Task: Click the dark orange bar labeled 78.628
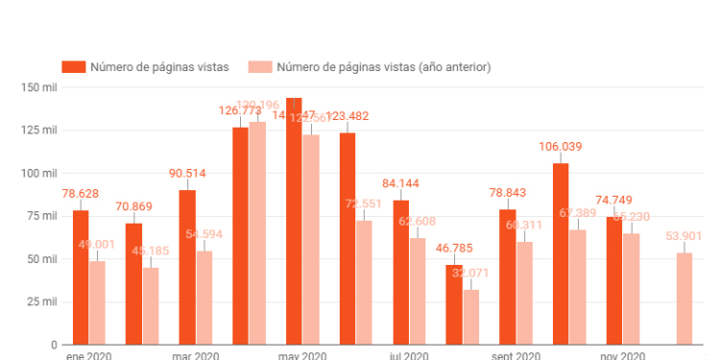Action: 81,277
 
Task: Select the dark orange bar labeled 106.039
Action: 562,254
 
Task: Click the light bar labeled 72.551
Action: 365,282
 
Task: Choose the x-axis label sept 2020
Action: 516,356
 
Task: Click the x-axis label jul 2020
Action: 409,356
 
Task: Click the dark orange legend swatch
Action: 73,66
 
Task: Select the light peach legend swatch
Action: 260,66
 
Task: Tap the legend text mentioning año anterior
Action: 384,66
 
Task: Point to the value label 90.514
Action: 187,174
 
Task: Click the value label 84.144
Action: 401,183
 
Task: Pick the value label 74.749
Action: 614,199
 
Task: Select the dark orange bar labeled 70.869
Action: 133,284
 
